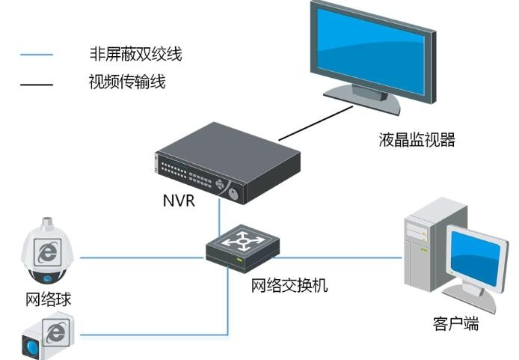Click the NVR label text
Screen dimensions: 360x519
(x=178, y=201)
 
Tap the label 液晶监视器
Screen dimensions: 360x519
(x=417, y=140)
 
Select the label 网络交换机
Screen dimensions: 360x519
(x=289, y=286)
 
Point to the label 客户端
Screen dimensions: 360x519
(x=455, y=325)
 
